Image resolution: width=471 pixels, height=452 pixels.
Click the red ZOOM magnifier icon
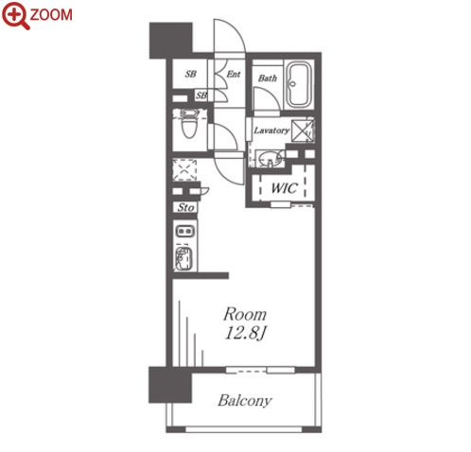tap(16, 16)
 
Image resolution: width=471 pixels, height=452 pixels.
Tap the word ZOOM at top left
tap(51, 15)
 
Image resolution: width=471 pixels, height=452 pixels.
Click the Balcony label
tap(245, 401)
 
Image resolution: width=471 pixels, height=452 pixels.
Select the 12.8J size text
tap(246, 333)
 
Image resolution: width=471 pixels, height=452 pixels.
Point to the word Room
tap(245, 314)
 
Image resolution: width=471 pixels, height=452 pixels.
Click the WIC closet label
tap(284, 188)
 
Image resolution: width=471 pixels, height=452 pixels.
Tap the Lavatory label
tap(271, 130)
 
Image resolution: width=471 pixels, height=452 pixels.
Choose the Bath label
tap(268, 78)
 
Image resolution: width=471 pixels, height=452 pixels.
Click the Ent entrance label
tap(234, 74)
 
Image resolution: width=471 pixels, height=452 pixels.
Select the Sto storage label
tap(185, 207)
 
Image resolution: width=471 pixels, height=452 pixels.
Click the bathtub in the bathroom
tap(299, 84)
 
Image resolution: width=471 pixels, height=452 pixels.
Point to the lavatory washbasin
tap(269, 158)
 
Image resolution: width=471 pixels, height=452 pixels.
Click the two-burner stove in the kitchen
tap(185, 232)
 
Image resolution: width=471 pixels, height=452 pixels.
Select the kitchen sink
tap(183, 259)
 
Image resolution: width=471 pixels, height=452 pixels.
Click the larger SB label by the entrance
tap(190, 74)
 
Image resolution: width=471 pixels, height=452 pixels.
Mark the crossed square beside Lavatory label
tap(302, 130)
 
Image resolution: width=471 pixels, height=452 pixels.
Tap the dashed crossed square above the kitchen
tap(184, 170)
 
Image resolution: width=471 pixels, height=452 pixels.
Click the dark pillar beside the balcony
tap(170, 385)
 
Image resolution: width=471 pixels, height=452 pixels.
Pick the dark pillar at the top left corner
tap(170, 41)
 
